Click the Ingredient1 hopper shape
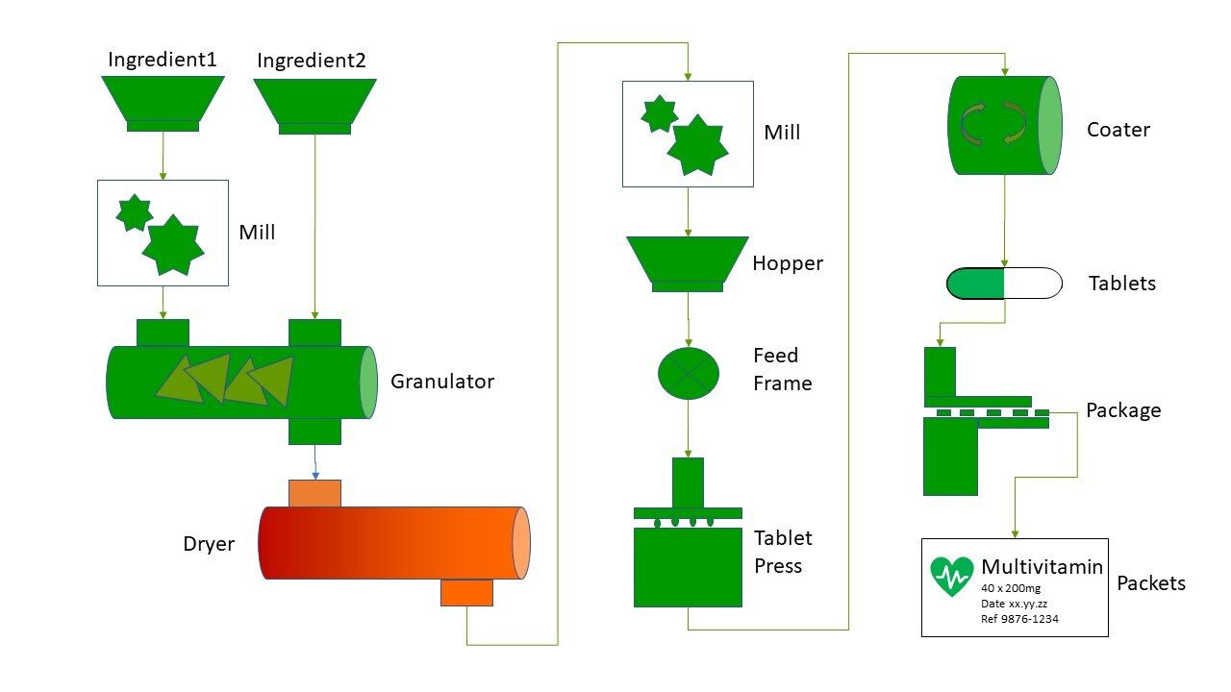click(x=163, y=100)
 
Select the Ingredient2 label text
click(x=312, y=61)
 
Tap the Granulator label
click(x=441, y=382)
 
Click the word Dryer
click(x=209, y=544)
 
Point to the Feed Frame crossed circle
click(x=688, y=373)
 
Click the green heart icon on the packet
click(x=952, y=576)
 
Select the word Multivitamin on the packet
click(x=1042, y=567)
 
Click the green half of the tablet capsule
click(x=976, y=284)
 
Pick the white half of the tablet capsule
click(x=1033, y=284)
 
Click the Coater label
click(x=1118, y=130)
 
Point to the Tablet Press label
click(x=783, y=552)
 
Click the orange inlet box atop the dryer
click(x=314, y=493)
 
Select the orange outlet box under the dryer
click(x=466, y=592)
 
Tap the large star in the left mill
click(x=173, y=246)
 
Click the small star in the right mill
click(x=660, y=114)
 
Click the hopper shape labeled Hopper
click(x=687, y=259)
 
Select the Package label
click(x=1123, y=410)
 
